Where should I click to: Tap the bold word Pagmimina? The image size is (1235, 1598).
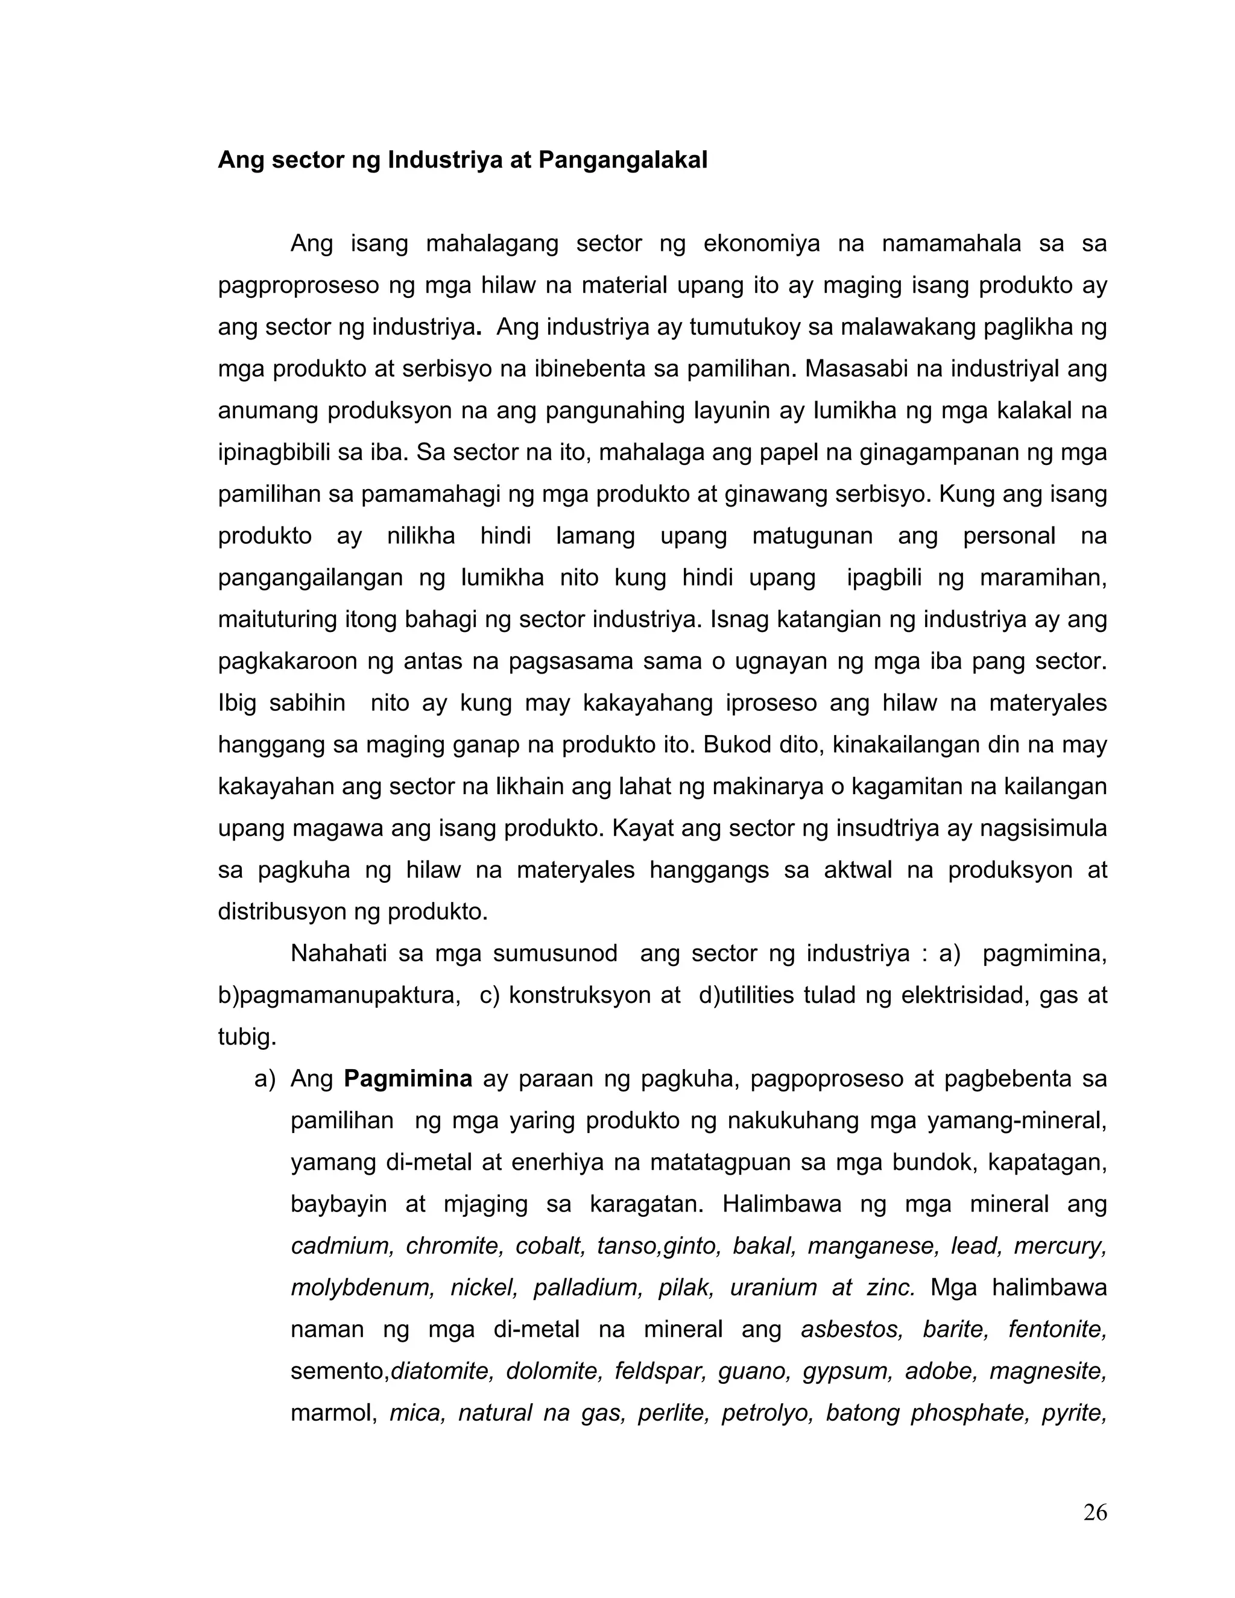pyautogui.click(x=408, y=1079)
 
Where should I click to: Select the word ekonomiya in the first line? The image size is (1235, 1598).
pyautogui.click(x=762, y=244)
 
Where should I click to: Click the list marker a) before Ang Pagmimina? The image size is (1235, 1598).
pyautogui.click(x=265, y=1079)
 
